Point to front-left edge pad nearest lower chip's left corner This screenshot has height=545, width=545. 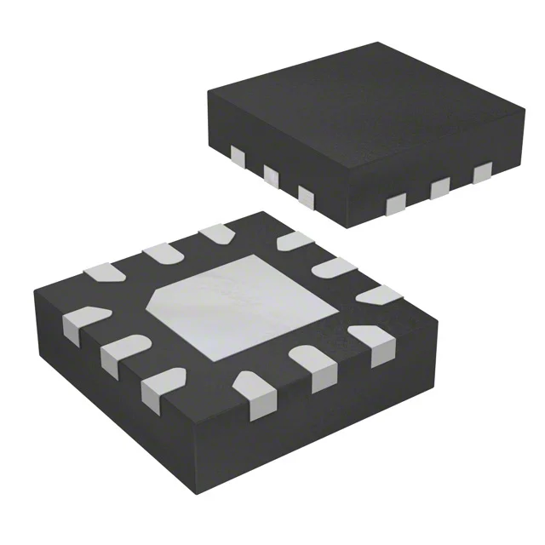point(82,321)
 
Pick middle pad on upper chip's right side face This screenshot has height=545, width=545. point(440,188)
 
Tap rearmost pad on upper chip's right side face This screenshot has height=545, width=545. point(484,174)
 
